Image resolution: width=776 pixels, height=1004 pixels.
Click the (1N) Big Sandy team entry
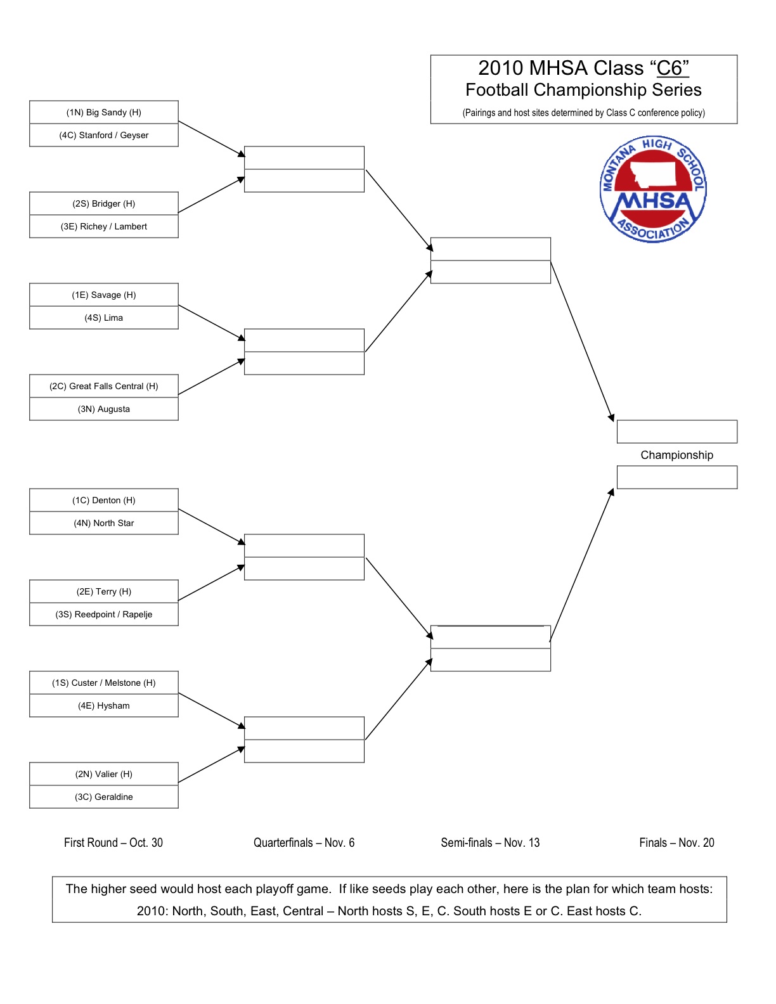pos(104,112)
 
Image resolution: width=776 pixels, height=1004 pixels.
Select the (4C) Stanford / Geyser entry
pos(104,135)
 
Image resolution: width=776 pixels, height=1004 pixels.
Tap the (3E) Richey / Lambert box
pos(104,226)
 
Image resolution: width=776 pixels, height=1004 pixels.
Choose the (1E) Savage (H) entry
pos(104,295)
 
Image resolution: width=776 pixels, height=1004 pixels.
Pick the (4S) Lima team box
pos(104,318)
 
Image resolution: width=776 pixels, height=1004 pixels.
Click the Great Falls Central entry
pos(104,386)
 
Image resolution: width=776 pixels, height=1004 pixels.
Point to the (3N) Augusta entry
pos(104,409)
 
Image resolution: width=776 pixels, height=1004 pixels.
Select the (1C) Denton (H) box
pos(104,500)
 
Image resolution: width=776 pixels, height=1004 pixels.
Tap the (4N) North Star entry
pos(104,523)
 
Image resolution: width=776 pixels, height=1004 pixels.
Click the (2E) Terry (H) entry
pos(104,591)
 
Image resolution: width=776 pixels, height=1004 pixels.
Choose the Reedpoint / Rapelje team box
pos(104,614)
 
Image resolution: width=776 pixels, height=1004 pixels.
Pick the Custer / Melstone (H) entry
pos(104,683)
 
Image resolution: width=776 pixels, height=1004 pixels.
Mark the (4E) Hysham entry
pos(104,705)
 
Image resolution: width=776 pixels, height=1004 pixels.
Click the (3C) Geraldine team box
pos(104,797)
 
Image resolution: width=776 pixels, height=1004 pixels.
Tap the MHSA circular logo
pos(653,189)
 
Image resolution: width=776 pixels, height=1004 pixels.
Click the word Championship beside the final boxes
pos(676,455)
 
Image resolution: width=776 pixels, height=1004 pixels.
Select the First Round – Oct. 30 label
pos(113,842)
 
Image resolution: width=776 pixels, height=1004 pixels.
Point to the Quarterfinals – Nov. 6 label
pos(304,842)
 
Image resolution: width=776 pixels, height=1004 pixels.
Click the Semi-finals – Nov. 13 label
pos(490,842)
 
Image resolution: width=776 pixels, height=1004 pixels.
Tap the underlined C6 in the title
pos(672,68)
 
